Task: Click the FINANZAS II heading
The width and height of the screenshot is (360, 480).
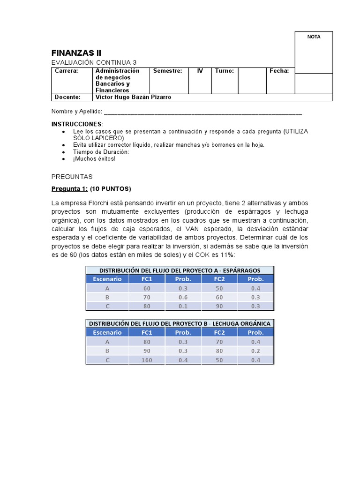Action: click(76, 53)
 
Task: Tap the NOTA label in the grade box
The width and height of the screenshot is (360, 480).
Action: click(314, 37)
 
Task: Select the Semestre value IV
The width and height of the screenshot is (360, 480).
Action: click(200, 71)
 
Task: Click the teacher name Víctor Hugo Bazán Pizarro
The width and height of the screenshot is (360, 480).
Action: click(133, 97)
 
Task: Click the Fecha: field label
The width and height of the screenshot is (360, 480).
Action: click(279, 71)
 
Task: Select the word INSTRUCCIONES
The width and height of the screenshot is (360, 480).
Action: click(76, 124)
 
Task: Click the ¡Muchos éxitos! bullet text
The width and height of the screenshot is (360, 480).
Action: click(94, 158)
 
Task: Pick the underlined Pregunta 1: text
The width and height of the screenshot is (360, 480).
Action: click(69, 189)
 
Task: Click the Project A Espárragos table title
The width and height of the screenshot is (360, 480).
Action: click(180, 270)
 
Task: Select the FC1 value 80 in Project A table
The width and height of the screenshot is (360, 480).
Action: click(147, 306)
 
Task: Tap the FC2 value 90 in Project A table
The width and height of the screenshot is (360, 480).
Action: click(219, 306)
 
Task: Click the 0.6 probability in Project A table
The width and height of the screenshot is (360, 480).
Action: click(183, 297)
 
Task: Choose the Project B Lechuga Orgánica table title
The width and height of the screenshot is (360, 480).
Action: click(180, 323)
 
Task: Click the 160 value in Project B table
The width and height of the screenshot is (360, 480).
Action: click(147, 360)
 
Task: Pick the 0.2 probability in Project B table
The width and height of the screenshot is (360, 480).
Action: click(256, 351)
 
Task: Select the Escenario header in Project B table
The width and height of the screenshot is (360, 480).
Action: click(107, 332)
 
